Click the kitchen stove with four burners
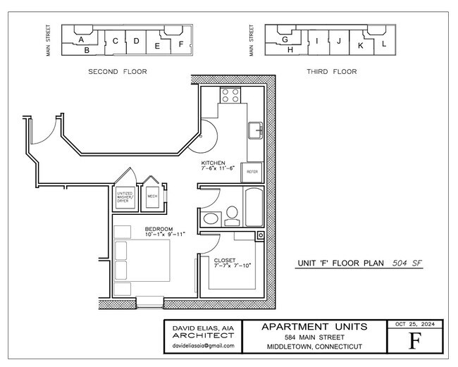click(230, 95)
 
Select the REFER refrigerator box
click(252, 171)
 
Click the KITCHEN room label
click(213, 163)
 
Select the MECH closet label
click(152, 197)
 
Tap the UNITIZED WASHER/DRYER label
click(125, 197)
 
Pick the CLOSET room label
click(225, 261)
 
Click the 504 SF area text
click(407, 263)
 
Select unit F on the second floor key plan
click(181, 44)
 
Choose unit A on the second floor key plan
click(82, 39)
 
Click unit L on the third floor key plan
click(384, 44)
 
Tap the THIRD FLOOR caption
click(331, 71)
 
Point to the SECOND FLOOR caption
click(118, 71)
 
